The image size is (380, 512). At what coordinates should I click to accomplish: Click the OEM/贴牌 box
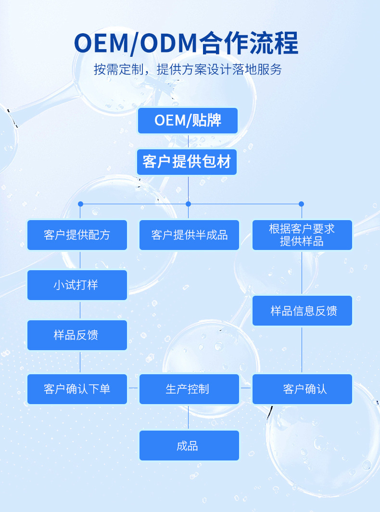(188, 120)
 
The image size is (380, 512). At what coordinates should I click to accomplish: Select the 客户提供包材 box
(187, 162)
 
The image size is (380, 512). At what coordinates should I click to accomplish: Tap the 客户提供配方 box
(77, 235)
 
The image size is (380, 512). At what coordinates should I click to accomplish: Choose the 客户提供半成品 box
(189, 235)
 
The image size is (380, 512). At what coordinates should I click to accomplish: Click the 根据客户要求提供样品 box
(302, 235)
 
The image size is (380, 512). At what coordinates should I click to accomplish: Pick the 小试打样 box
(77, 285)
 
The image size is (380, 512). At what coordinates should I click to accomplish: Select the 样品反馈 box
(77, 335)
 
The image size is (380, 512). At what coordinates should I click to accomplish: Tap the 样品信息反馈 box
(302, 311)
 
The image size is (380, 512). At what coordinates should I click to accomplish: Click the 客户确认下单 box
(77, 389)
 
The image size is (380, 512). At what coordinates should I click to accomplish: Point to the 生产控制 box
(189, 389)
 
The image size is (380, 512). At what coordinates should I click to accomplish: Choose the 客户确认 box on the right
(302, 389)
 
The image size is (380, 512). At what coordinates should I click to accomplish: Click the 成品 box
(189, 446)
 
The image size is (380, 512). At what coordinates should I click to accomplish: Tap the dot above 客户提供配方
(80, 204)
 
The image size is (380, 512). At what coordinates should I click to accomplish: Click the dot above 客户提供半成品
(188, 204)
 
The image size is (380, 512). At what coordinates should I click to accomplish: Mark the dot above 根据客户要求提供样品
(302, 204)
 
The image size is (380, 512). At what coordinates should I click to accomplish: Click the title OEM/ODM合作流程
(186, 44)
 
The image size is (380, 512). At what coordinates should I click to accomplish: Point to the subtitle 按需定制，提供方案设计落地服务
(188, 69)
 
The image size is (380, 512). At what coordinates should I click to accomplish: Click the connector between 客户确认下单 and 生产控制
(133, 387)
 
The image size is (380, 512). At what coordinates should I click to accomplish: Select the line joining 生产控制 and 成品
(188, 417)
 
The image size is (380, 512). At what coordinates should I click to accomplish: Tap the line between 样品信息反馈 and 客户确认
(302, 350)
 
